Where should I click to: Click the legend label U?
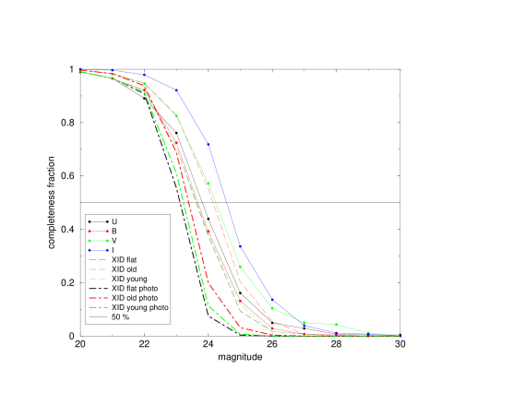click(x=114, y=221)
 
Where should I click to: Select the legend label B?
click(x=114, y=231)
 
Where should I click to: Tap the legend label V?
click(x=114, y=241)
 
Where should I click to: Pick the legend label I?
click(x=113, y=250)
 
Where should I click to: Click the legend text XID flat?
click(x=126, y=259)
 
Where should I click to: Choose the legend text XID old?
click(x=125, y=269)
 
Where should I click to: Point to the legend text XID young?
click(x=129, y=279)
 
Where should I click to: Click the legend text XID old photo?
click(x=135, y=298)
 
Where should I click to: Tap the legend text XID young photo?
click(x=139, y=307)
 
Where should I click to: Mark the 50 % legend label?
click(x=121, y=317)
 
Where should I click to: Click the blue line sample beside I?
click(x=97, y=250)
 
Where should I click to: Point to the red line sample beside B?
click(x=97, y=231)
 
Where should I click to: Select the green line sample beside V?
click(x=97, y=241)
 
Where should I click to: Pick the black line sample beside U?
click(x=97, y=221)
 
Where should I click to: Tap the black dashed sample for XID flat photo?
click(x=97, y=289)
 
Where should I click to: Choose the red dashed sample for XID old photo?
click(x=97, y=298)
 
